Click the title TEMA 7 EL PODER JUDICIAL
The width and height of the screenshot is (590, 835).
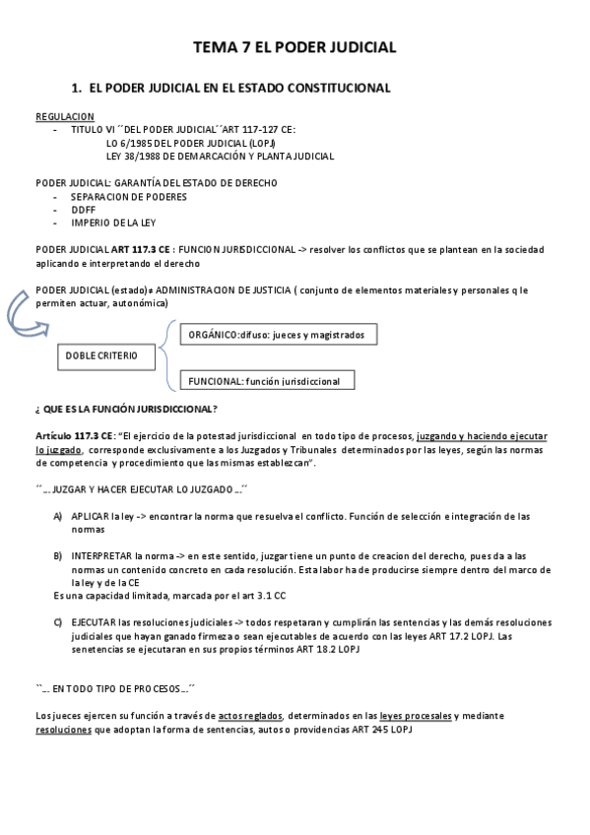(x=295, y=46)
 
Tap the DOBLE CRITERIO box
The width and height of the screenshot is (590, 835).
(x=101, y=354)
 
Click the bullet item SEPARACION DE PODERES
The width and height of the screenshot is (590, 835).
(x=129, y=196)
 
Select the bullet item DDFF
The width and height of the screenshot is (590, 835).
(x=84, y=209)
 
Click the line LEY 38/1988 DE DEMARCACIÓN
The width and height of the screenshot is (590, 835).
(x=220, y=156)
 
